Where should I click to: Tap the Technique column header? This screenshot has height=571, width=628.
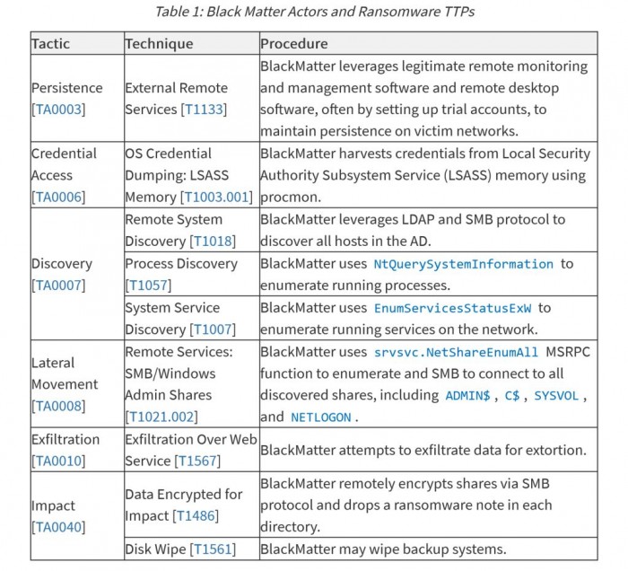159,43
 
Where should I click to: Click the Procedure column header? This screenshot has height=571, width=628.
294,43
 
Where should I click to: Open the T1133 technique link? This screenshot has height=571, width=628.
204,110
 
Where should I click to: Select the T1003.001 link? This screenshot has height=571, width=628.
216,197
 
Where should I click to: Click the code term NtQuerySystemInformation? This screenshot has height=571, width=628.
463,264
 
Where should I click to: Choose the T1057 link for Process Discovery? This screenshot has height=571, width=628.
147,285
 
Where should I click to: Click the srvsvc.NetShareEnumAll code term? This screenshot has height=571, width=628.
457,352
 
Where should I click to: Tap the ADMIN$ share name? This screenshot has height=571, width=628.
467,396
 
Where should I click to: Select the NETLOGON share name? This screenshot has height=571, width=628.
320,417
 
